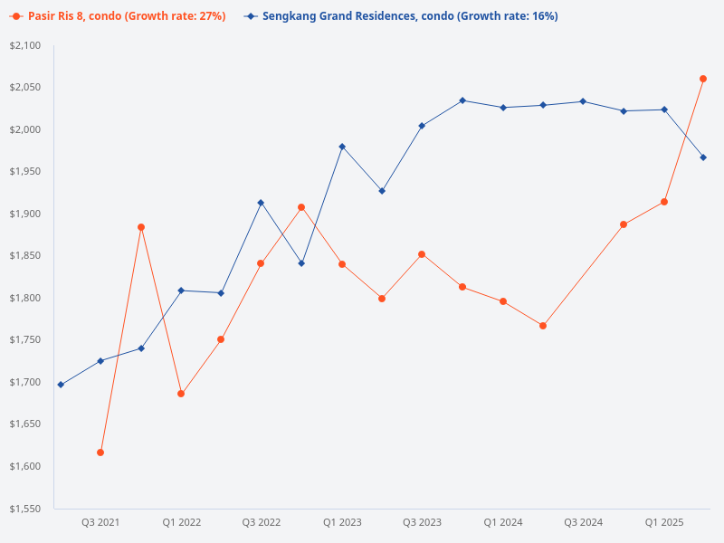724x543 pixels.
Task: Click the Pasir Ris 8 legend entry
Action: click(x=118, y=16)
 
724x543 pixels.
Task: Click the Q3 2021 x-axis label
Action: click(x=100, y=522)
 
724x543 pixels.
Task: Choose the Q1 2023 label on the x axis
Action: click(x=342, y=522)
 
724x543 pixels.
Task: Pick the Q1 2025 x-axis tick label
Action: click(x=663, y=522)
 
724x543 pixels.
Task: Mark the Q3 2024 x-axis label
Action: click(x=583, y=522)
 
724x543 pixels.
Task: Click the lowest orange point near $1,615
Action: click(x=100, y=452)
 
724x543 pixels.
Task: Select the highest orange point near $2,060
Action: click(x=703, y=79)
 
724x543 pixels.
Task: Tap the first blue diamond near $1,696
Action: click(x=61, y=385)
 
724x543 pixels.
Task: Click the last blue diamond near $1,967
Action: click(x=703, y=157)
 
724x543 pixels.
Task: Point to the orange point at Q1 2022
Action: click(x=181, y=394)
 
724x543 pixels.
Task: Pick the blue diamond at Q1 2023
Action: click(x=342, y=147)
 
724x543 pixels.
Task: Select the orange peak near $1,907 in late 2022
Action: click(x=301, y=207)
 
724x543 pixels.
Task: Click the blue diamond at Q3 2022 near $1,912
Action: click(x=261, y=203)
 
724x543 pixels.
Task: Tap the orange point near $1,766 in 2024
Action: click(x=543, y=326)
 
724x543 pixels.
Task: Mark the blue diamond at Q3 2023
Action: click(x=422, y=126)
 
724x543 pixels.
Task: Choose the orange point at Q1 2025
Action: click(x=663, y=202)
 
